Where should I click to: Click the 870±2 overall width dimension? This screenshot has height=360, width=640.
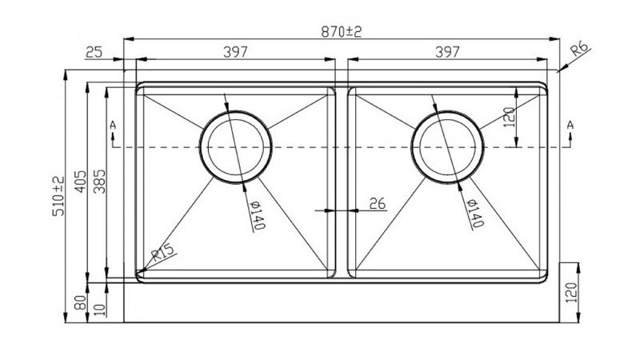click(342, 31)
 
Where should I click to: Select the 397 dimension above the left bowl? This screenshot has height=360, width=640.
click(235, 52)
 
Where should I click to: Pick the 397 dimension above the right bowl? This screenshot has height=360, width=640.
click(447, 52)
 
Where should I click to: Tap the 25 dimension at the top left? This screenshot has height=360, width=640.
click(94, 52)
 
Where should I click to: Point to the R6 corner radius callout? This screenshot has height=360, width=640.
click(580, 49)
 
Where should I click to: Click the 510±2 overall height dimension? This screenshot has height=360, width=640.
click(58, 196)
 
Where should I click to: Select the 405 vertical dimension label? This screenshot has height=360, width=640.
click(81, 182)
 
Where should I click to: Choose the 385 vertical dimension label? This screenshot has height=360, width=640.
click(99, 182)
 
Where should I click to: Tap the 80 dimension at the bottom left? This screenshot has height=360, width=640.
click(81, 302)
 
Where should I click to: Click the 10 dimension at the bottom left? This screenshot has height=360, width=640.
click(99, 310)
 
